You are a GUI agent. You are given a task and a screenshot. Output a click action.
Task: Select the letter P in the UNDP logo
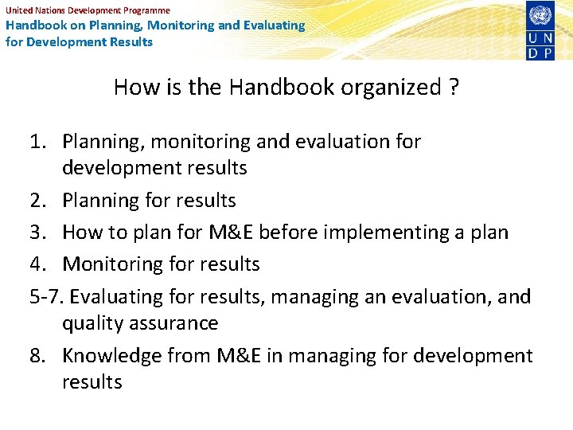[549, 52]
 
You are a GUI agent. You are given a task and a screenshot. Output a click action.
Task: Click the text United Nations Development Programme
[88, 10]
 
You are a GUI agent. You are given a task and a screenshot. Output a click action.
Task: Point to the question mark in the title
[453, 87]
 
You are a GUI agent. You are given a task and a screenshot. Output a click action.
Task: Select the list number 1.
[37, 142]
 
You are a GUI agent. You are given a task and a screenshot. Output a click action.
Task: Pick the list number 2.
[37, 200]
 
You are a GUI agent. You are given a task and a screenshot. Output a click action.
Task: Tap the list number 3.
[37, 232]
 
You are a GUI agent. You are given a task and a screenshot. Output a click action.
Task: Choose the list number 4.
[37, 264]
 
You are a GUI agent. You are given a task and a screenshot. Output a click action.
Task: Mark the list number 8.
[37, 355]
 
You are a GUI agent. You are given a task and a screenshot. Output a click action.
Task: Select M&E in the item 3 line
[227, 232]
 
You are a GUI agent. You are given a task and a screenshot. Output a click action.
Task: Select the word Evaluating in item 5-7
[117, 297]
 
